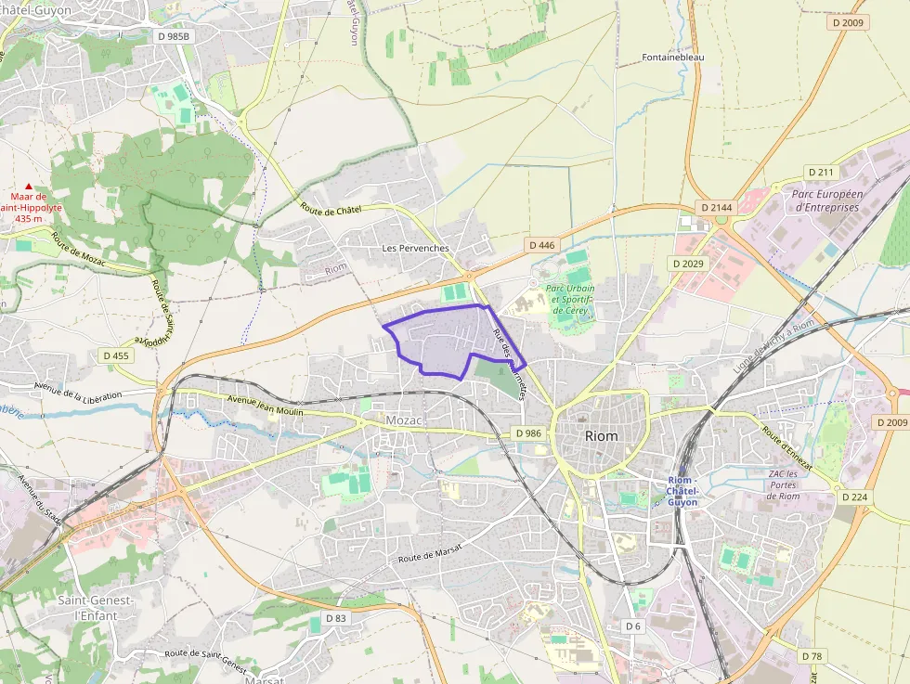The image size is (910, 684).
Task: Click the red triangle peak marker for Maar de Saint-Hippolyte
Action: coord(29,187)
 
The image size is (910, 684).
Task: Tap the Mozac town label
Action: coord(404,420)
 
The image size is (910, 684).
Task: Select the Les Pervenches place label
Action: coord(415,249)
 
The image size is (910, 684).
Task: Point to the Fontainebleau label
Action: coord(673,58)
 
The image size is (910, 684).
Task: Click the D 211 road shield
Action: coord(822,173)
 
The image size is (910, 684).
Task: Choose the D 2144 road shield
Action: coord(715,207)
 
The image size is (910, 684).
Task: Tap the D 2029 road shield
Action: coord(689,264)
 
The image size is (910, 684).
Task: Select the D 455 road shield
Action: coord(116,355)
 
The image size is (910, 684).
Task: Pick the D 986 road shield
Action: coord(527,433)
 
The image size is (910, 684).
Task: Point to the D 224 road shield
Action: coord(854,497)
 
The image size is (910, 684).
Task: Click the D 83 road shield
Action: coord(335,618)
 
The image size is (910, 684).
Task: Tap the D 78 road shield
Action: coord(811,657)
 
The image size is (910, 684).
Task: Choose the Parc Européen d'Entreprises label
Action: coord(827,201)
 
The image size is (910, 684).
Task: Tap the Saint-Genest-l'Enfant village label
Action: coord(97,608)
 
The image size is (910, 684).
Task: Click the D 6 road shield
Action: coord(633,626)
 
